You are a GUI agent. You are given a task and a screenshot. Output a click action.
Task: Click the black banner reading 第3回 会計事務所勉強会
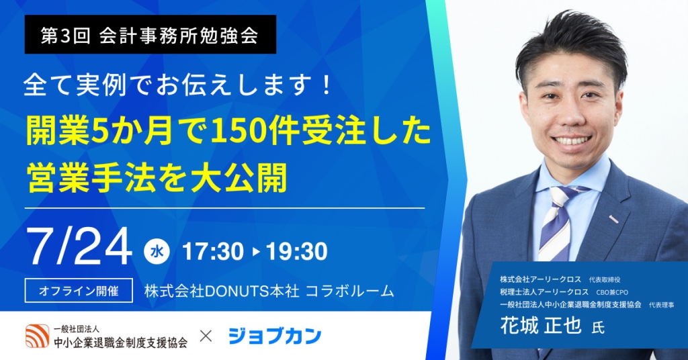coord(150,34)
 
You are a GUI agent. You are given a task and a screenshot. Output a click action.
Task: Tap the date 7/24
coord(79,246)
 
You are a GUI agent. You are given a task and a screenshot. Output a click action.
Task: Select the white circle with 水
coord(157,251)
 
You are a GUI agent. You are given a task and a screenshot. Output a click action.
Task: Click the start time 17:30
coord(212,252)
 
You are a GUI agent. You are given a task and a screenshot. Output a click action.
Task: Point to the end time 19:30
coord(296,252)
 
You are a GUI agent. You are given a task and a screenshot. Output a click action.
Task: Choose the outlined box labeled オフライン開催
coord(79,290)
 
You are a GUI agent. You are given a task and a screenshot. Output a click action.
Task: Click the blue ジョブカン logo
coord(275,336)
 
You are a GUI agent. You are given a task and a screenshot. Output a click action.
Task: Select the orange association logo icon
coord(38,336)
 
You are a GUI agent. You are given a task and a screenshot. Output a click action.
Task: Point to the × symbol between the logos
coord(206,336)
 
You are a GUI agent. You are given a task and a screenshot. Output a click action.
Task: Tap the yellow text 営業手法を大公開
coord(157,177)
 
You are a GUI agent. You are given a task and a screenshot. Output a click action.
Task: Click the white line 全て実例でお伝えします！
coord(177,85)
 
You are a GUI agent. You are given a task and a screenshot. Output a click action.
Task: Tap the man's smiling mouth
coord(570,140)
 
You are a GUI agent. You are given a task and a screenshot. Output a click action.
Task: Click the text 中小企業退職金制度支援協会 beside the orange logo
coord(121,342)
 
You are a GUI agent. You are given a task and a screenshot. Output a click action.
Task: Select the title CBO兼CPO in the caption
coord(612,292)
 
